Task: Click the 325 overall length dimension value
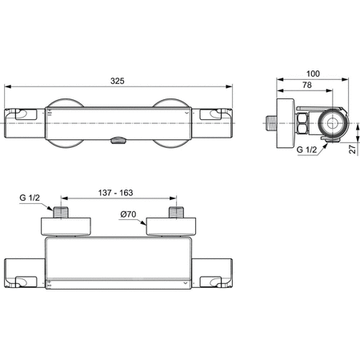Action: click(x=119, y=81)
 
